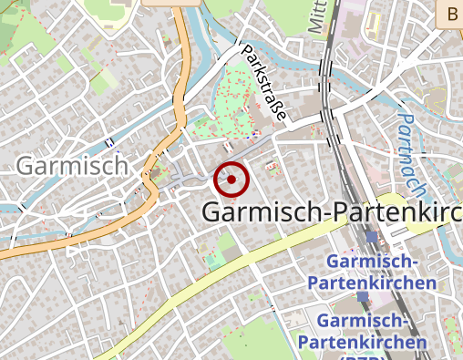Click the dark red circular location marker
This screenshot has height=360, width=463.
231,180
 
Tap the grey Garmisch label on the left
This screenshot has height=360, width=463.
72,166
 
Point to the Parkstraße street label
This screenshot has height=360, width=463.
263,81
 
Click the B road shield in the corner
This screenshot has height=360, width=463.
451,13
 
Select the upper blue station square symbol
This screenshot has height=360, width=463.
371,237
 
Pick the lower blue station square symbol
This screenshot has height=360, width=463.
363,297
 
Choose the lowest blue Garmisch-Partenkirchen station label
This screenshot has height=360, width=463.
373,332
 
